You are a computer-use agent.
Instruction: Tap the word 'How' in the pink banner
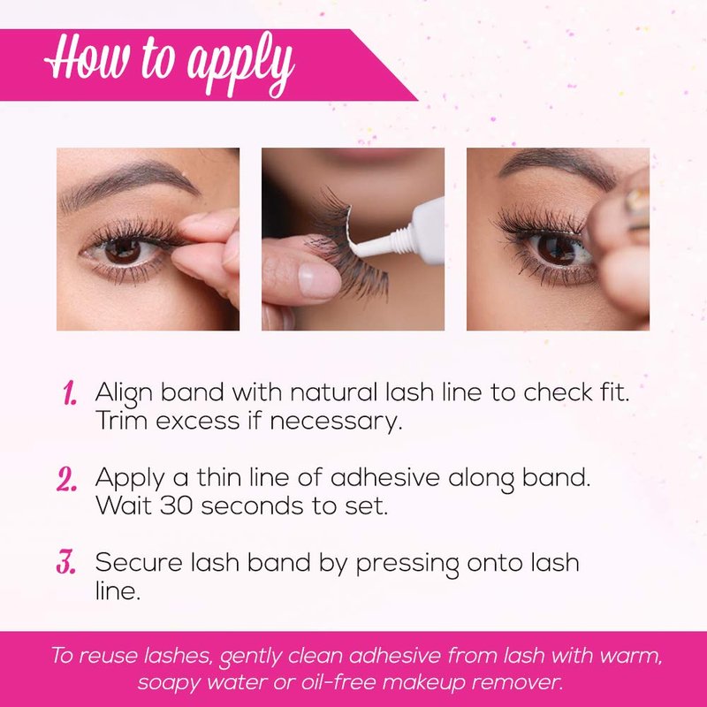click(x=87, y=57)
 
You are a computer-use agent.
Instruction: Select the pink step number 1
click(x=70, y=392)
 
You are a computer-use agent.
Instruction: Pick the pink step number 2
click(x=67, y=478)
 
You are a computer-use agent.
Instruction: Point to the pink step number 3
click(x=65, y=563)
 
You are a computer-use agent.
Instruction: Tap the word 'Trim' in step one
click(x=122, y=421)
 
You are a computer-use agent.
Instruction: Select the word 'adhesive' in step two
click(x=385, y=477)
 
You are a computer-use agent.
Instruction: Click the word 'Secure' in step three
click(x=139, y=562)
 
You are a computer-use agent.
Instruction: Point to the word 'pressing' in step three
click(x=407, y=564)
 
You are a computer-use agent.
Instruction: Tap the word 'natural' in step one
click(x=334, y=392)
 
